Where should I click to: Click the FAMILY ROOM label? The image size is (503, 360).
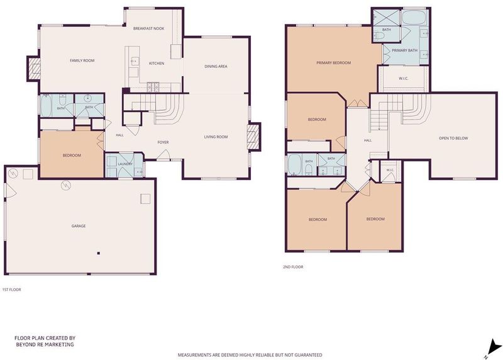tap(82, 60)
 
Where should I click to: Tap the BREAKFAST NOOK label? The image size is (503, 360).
tap(148, 28)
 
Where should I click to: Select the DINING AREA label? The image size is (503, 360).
tap(216, 67)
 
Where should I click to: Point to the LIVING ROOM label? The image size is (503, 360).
tap(216, 137)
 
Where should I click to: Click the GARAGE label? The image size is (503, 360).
tap(79, 226)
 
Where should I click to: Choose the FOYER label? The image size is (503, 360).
tap(163, 142)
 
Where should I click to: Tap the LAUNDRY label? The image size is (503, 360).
tap(125, 164)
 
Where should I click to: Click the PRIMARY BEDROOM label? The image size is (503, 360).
tap(334, 63)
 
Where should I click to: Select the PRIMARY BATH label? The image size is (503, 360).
tap(404, 50)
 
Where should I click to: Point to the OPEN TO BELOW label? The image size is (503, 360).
tap(453, 138)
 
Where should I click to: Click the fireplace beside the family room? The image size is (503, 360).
tap(33, 69)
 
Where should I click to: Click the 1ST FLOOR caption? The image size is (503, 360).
tap(11, 290)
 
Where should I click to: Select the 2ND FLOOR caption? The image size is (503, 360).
tap(293, 267)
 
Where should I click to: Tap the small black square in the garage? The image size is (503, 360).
tap(99, 254)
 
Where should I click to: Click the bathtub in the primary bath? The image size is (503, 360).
tap(414, 18)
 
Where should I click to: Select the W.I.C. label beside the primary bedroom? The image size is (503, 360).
tap(404, 79)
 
